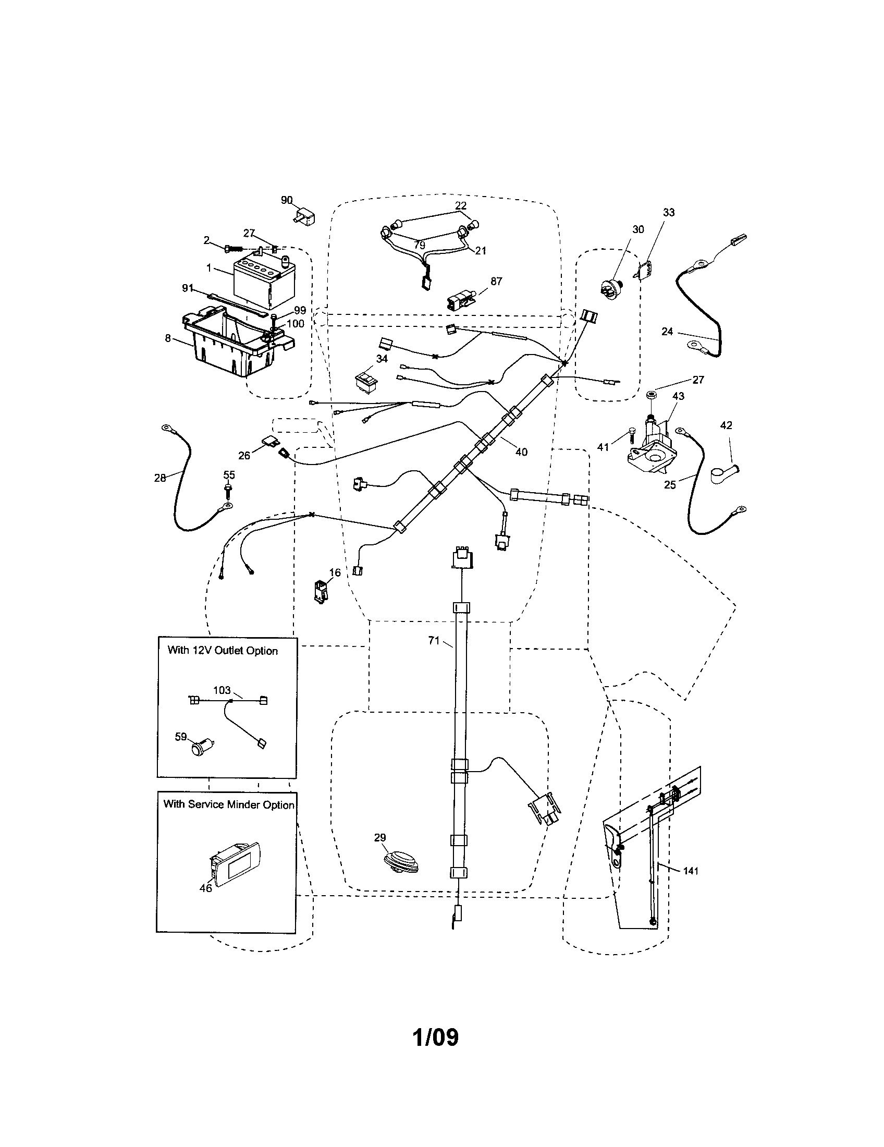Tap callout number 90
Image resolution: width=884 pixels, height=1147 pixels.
(x=287, y=200)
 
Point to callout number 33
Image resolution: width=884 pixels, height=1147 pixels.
(x=668, y=212)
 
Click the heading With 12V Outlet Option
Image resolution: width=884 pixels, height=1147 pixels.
(x=223, y=651)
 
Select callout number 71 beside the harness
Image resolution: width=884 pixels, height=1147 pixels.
(x=434, y=640)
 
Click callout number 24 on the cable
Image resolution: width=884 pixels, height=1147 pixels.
(x=667, y=332)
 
